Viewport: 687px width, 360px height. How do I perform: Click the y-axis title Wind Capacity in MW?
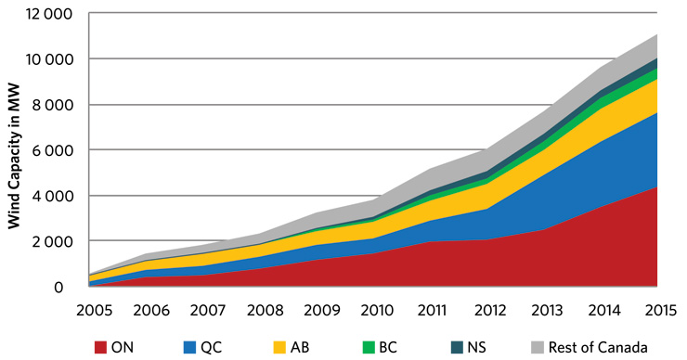tap(15, 151)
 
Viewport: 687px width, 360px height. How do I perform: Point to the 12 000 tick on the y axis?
tap(52, 14)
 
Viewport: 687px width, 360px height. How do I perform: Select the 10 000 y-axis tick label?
tap(52, 59)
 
